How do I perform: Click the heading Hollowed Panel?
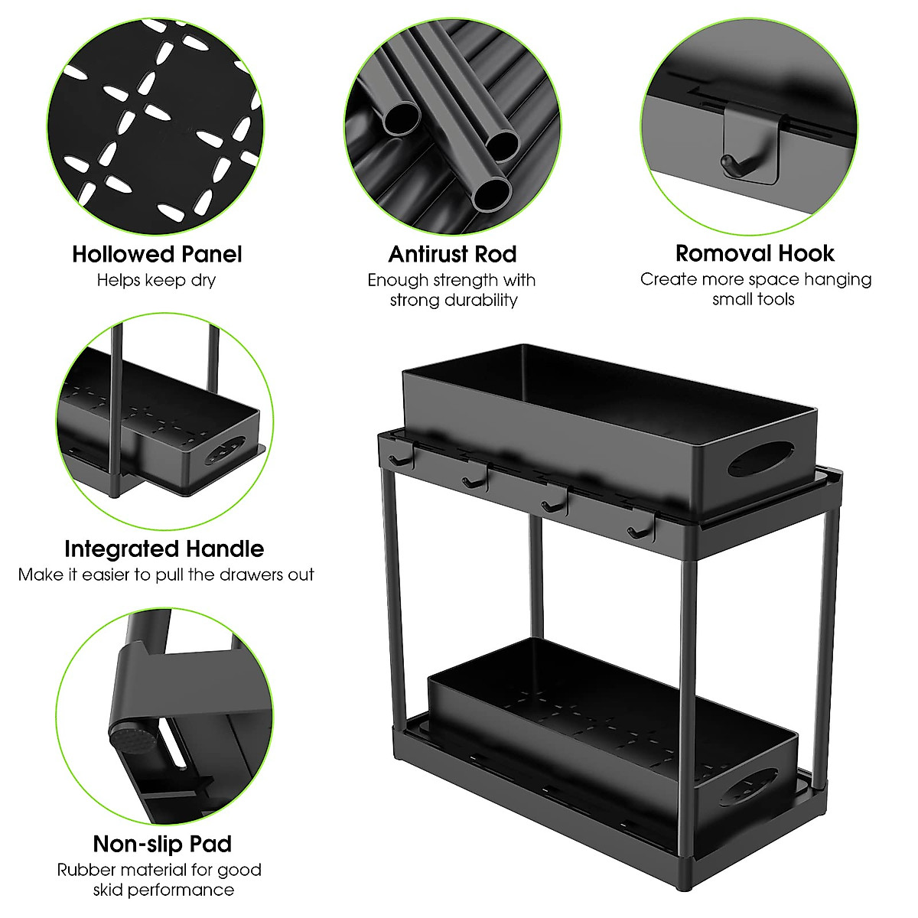tap(157, 254)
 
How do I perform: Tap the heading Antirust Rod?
tap(452, 254)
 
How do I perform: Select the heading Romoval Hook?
tap(754, 253)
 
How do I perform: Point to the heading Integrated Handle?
tap(164, 549)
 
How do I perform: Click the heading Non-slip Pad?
tap(162, 844)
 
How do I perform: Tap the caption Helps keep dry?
tap(156, 280)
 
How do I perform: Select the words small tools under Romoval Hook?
tap(754, 299)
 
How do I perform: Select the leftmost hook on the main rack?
tap(396, 459)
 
